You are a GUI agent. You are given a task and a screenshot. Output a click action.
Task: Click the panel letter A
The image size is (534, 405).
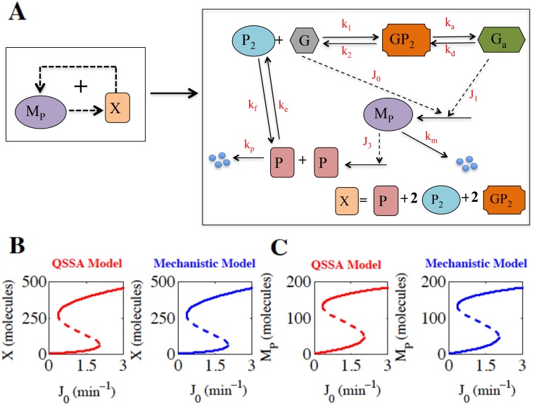(17, 12)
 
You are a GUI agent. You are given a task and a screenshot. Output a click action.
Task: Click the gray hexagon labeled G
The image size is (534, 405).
(304, 40)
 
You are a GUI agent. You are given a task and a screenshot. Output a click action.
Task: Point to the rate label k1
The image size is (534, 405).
(346, 25)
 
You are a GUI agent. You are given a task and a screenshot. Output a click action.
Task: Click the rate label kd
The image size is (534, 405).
(450, 51)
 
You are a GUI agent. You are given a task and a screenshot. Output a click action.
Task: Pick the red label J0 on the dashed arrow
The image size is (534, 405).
(376, 75)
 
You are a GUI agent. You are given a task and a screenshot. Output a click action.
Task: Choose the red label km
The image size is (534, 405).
(431, 137)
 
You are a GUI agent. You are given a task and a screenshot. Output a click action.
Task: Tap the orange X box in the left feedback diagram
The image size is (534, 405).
(117, 108)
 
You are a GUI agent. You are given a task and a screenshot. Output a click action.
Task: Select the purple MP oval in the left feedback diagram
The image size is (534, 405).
(41, 112)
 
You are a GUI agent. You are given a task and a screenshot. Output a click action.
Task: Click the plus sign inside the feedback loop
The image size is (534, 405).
(81, 86)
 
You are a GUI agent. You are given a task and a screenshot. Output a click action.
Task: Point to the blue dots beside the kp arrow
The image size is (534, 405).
(220, 160)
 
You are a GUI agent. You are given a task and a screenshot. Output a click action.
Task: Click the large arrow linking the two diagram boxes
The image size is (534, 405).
(174, 93)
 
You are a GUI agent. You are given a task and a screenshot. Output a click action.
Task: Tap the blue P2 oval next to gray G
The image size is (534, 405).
(253, 40)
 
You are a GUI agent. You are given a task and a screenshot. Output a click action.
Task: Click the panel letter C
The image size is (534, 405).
(279, 247)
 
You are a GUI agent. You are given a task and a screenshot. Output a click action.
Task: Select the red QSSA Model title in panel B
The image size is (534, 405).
(87, 264)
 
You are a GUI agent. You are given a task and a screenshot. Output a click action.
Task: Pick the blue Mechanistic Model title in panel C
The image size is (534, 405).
(476, 264)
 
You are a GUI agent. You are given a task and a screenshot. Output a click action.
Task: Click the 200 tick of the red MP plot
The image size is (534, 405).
(298, 282)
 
